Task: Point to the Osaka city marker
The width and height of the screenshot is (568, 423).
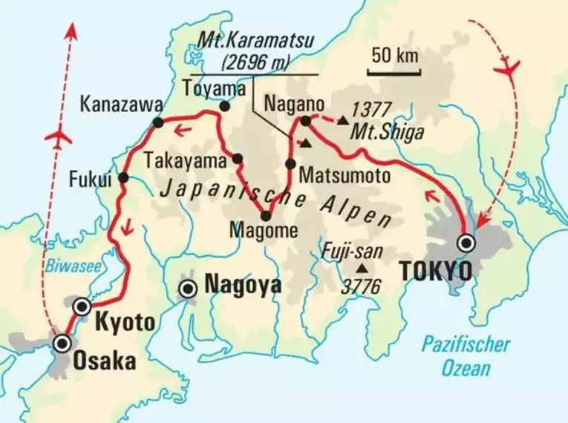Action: click(x=62, y=344)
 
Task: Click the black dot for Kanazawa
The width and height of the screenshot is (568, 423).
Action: click(x=157, y=122)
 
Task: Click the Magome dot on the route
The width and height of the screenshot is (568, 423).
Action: click(x=266, y=216)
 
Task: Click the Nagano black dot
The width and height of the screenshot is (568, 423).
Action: click(x=304, y=121)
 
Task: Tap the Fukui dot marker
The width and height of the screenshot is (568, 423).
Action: click(x=123, y=177)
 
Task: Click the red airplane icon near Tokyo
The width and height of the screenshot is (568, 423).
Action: click(x=509, y=67)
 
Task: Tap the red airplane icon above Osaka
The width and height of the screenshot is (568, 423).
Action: click(x=56, y=138)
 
